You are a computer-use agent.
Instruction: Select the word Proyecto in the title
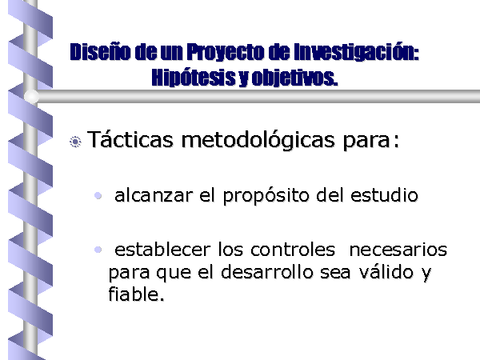[x=225, y=52]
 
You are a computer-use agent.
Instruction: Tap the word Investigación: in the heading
[x=356, y=52]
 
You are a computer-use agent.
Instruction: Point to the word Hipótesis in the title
[x=194, y=78]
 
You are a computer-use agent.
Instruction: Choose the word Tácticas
[x=130, y=139]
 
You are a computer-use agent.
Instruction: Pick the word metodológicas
[x=258, y=140]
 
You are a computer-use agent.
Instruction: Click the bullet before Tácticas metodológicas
[x=75, y=142]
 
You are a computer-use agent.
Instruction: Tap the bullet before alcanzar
[x=98, y=195]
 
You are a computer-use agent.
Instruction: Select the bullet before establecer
[x=98, y=250]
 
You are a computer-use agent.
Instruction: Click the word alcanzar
[x=154, y=195]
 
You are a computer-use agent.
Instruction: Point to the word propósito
[x=266, y=196]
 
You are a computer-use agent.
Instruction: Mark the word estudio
[x=384, y=195]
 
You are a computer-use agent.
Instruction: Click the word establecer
[x=162, y=249]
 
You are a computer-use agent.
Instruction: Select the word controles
[x=293, y=249]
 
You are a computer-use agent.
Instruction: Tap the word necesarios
[x=398, y=250]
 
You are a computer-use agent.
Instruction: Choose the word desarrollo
[x=267, y=271]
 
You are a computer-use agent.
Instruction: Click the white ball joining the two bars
[x=31, y=96]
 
